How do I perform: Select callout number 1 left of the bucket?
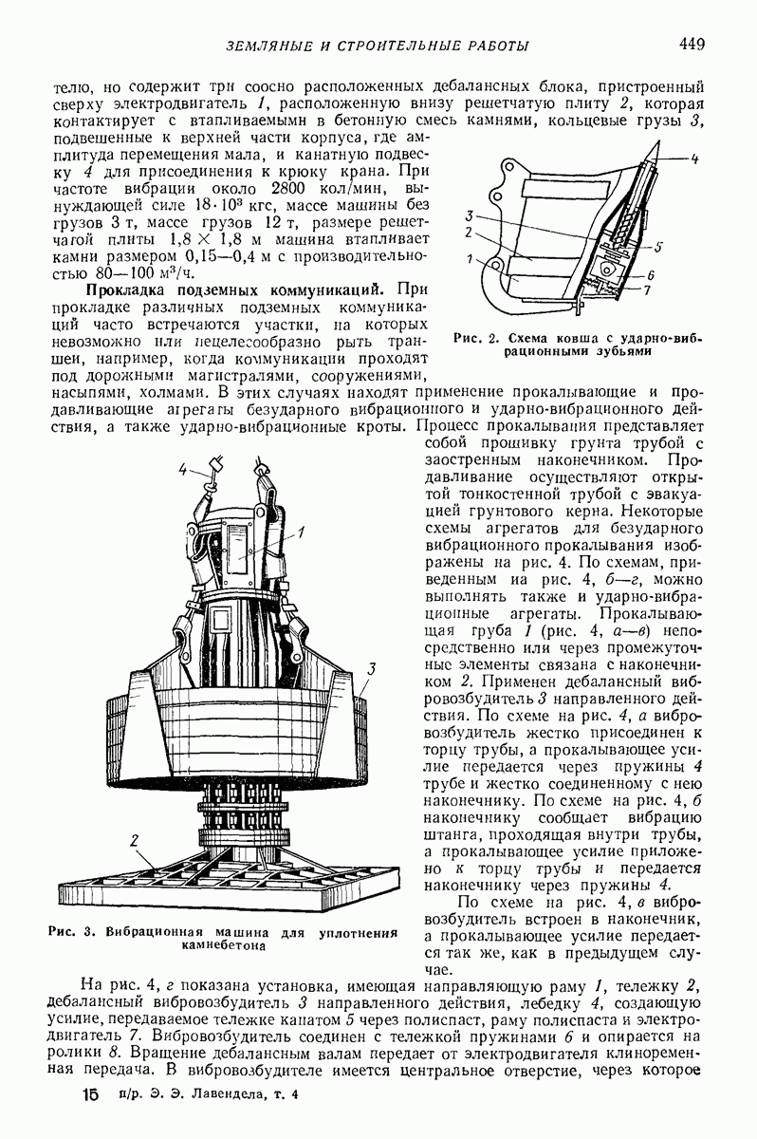pos(469,258)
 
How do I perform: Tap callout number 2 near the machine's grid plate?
pos(136,839)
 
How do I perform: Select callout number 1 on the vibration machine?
pos(300,531)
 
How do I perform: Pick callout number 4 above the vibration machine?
pos(184,468)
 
